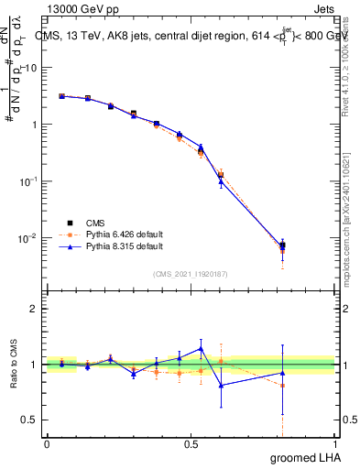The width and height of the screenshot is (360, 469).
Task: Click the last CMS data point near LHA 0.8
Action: click(282, 245)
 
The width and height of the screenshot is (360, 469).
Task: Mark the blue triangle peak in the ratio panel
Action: click(201, 348)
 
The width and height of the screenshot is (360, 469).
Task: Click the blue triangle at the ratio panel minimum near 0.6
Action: click(221, 385)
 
